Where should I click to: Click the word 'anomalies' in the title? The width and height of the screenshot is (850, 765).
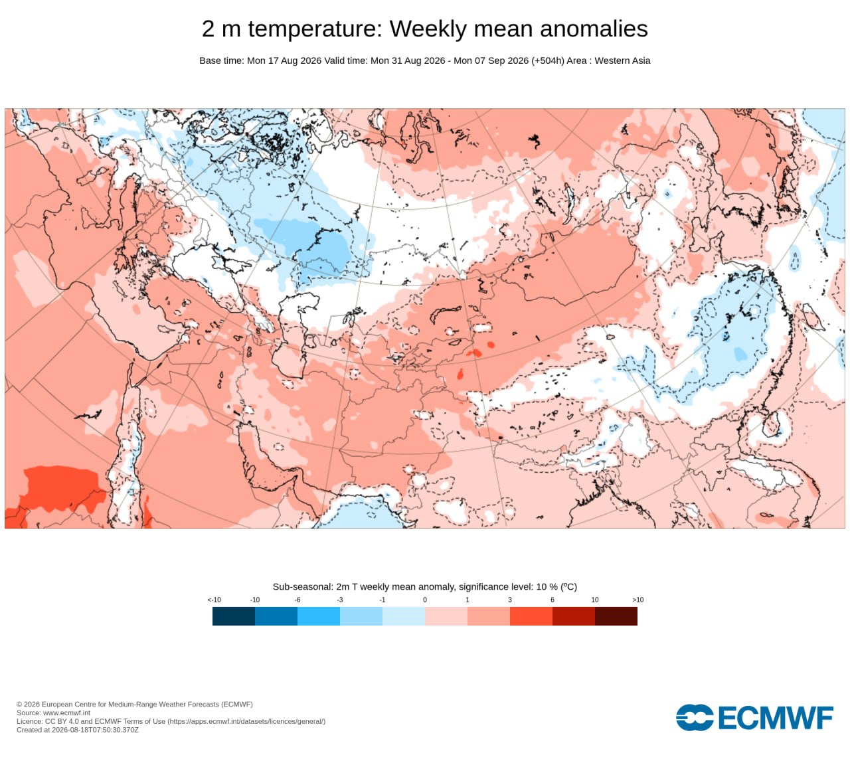click(x=594, y=29)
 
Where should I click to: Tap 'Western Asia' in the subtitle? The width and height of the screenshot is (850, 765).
click(x=622, y=60)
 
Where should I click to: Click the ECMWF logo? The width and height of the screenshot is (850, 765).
click(x=754, y=718)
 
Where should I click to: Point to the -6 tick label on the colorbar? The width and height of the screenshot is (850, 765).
click(x=297, y=600)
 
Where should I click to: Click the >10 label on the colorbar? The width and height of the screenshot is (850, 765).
click(x=637, y=600)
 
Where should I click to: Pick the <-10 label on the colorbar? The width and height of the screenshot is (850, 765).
click(x=214, y=600)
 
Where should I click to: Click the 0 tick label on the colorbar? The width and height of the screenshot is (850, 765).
click(x=425, y=600)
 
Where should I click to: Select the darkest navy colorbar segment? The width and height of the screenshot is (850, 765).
click(x=234, y=616)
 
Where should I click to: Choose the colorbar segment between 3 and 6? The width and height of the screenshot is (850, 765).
click(x=531, y=616)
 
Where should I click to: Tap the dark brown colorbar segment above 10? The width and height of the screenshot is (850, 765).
click(x=616, y=616)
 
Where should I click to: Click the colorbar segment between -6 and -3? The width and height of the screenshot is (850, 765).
click(x=319, y=616)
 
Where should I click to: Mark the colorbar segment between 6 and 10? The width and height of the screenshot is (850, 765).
click(x=574, y=616)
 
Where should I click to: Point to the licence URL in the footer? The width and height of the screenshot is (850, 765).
click(x=246, y=721)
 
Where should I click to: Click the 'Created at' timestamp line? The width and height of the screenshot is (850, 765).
click(x=78, y=730)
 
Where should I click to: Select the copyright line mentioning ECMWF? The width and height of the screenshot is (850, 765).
click(x=135, y=705)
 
